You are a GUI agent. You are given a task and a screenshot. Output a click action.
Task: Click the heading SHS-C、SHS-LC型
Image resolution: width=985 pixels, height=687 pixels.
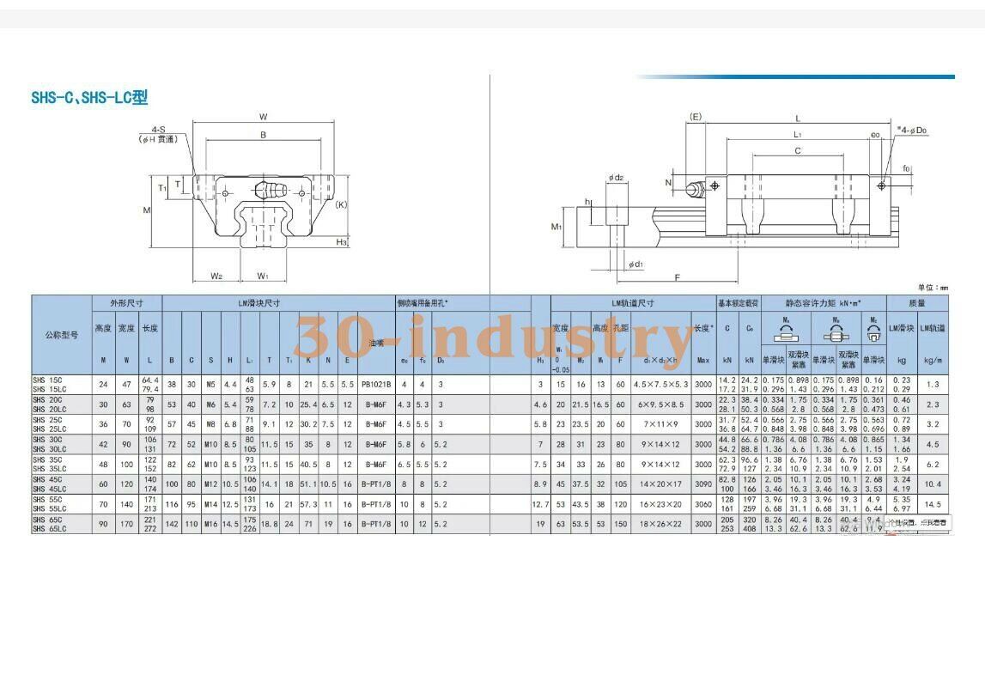click(x=89, y=98)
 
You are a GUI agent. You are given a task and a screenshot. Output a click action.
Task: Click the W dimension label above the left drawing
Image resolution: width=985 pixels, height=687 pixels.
click(x=263, y=117)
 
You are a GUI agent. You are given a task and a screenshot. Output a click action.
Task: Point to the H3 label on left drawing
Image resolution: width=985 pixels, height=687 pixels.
click(x=341, y=242)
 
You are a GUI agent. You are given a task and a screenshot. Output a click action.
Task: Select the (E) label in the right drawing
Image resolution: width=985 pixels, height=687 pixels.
click(x=696, y=116)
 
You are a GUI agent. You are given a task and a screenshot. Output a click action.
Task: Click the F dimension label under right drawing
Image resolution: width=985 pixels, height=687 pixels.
click(x=678, y=278)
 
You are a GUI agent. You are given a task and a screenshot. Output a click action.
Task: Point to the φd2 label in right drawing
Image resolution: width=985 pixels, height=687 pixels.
click(x=616, y=178)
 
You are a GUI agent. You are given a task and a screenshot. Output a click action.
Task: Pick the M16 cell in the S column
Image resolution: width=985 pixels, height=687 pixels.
click(x=210, y=524)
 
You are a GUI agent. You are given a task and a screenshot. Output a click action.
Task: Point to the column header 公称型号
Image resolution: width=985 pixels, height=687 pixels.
click(x=61, y=335)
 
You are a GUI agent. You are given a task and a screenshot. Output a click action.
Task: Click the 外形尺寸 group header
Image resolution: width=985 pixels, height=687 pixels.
click(x=126, y=303)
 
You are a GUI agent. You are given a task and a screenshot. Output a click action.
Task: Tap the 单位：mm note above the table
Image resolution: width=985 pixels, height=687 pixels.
click(x=932, y=288)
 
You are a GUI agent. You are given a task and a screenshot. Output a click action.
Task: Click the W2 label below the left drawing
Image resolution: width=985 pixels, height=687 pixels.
click(x=216, y=277)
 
